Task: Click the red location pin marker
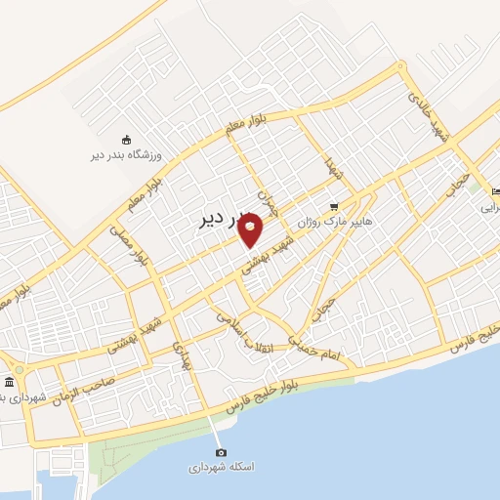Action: [x=251, y=228]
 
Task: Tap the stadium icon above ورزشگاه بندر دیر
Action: [x=126, y=143]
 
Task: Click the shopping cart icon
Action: [x=335, y=207]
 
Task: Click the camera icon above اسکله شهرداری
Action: [x=221, y=452]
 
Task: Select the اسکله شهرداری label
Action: [x=222, y=467]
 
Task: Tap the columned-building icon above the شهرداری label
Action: [x=9, y=381]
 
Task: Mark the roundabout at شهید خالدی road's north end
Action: [x=400, y=67]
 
